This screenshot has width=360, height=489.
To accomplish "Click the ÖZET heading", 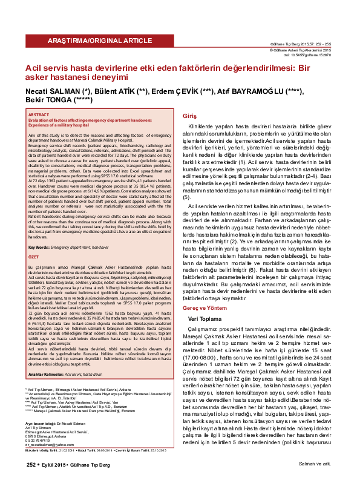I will [34, 272].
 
